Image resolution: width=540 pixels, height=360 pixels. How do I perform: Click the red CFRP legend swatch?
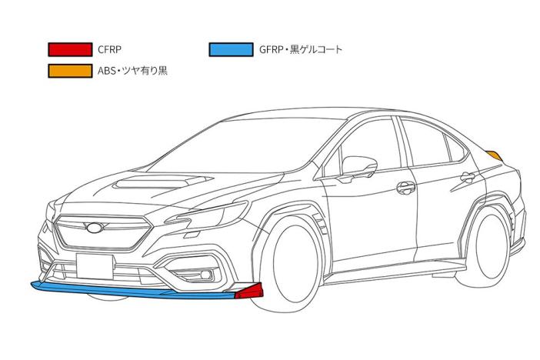click(x=69, y=49)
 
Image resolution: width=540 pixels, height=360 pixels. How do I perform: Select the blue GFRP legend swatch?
click(x=230, y=49)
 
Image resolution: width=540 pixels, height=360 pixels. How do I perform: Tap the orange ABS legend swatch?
click(x=69, y=71)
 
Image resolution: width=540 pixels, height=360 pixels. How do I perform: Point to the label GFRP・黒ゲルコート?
click(x=301, y=49)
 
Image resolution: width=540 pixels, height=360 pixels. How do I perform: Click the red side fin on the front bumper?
click(x=250, y=291)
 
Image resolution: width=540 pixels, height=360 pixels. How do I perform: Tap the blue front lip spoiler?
click(x=131, y=291)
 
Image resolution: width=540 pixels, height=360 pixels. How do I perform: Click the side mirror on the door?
click(x=359, y=165)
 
